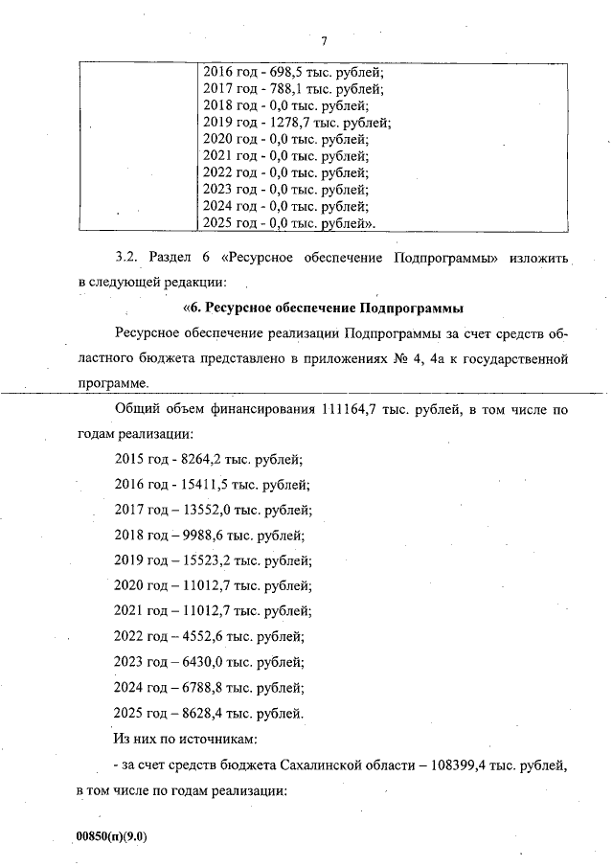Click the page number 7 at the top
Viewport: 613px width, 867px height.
[x=325, y=41]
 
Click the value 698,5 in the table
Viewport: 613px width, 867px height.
[x=279, y=72]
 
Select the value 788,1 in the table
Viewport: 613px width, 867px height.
[x=279, y=89]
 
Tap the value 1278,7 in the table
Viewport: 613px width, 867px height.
[x=284, y=123]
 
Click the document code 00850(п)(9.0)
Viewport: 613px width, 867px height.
[x=112, y=836]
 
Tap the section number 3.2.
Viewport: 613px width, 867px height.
[x=127, y=259]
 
